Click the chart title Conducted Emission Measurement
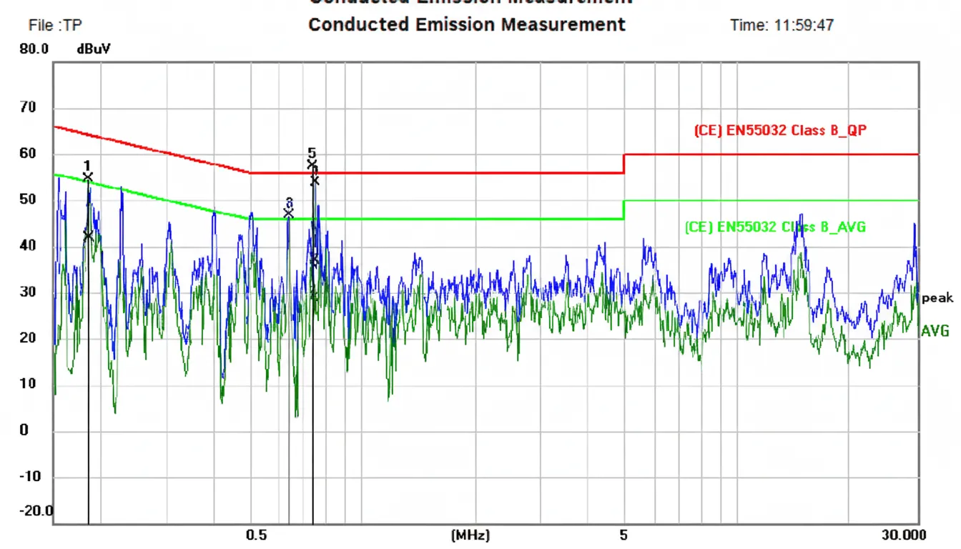[466, 24]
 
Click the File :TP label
[55, 26]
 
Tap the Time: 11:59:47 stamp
[782, 25]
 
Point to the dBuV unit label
[94, 49]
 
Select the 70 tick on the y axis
[27, 108]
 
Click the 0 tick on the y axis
[24, 430]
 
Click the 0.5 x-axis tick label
[256, 535]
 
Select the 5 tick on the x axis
[624, 535]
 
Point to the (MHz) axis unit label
[470, 535]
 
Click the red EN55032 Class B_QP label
[780, 131]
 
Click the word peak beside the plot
[937, 298]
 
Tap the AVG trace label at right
[935, 331]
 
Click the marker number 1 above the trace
[87, 166]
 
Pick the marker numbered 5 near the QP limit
[312, 153]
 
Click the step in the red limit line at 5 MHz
[624, 163]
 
